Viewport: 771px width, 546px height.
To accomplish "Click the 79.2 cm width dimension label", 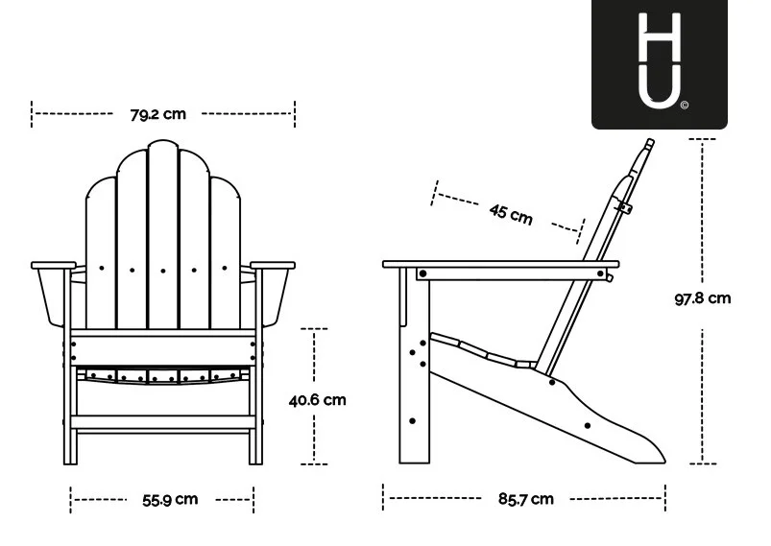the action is [157, 114].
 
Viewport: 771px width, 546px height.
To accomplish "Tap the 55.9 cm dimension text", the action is [170, 500].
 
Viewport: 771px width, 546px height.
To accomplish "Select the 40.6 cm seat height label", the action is [317, 400].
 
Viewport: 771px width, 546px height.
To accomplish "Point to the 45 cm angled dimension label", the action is [511, 214].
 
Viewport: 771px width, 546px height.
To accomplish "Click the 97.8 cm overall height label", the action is [703, 298].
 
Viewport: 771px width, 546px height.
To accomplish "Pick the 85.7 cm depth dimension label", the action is [525, 499].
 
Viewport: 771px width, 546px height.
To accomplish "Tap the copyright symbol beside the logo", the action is [685, 105].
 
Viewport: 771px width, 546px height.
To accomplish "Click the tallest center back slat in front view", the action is [163, 235].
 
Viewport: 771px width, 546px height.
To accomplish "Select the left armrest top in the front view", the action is [54, 266].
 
